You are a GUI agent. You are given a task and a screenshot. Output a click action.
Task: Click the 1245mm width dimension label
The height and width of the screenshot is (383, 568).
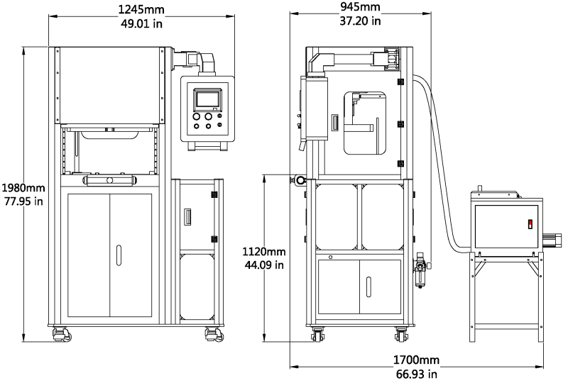coord(142,9)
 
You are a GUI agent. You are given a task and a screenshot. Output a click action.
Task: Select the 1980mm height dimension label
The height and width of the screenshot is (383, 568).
coord(23,189)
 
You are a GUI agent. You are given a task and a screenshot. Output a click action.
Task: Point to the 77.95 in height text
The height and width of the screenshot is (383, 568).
coord(23,201)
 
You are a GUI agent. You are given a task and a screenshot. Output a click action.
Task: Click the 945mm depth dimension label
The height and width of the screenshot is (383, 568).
coord(360,8)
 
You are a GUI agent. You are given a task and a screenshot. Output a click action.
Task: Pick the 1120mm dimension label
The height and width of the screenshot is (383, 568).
coord(263,252)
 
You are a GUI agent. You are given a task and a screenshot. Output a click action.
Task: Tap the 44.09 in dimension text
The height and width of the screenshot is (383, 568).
coord(263,265)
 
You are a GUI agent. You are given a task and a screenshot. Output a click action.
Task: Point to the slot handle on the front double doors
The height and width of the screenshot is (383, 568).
coord(119,255)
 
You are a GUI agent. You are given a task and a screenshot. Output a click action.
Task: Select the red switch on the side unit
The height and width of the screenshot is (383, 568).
coord(528,224)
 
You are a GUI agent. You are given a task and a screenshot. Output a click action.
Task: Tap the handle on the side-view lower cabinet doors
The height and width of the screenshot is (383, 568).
coord(368,286)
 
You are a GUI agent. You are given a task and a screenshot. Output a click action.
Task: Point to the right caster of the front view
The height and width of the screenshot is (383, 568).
coord(212,333)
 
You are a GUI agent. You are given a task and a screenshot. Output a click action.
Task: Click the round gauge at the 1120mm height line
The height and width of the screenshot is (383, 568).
coord(300,180)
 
